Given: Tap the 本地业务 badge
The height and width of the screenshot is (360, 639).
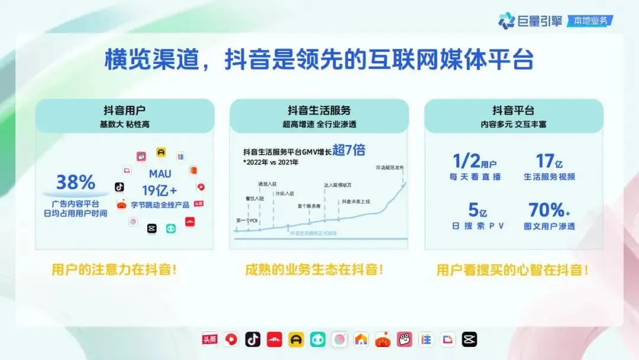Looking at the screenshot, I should (x=589, y=21).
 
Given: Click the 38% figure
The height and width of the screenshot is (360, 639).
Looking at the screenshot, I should (x=76, y=182).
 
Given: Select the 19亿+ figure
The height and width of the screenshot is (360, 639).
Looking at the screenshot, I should (x=160, y=190).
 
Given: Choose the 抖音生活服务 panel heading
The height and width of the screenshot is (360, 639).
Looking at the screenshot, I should (x=319, y=110).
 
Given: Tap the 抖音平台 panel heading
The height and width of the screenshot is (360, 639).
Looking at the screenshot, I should (x=513, y=110).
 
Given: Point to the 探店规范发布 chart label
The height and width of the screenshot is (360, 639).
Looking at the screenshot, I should (x=389, y=168).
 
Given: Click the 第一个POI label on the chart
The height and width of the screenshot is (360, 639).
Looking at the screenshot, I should (x=246, y=221).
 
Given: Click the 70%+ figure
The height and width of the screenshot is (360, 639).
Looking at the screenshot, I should (x=549, y=210).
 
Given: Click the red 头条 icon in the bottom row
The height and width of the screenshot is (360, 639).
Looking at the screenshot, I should (x=210, y=339).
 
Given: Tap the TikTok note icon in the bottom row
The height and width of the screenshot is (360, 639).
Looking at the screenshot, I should (x=253, y=339).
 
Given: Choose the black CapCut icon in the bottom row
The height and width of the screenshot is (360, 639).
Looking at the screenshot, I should (x=469, y=339).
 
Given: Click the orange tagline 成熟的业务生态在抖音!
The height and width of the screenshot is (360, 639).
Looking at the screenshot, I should (x=314, y=269).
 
